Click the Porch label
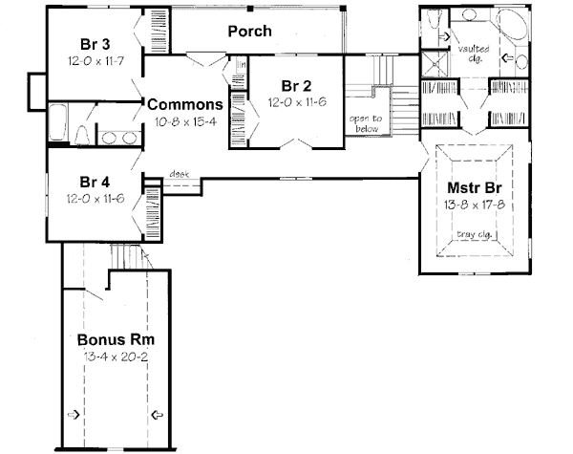(249, 32)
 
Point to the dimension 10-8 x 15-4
(186, 122)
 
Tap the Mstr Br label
(476, 186)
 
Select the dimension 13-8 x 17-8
(476, 205)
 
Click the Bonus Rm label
(117, 339)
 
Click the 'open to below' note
(364, 123)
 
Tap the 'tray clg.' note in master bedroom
(475, 234)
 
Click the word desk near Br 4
(179, 174)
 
